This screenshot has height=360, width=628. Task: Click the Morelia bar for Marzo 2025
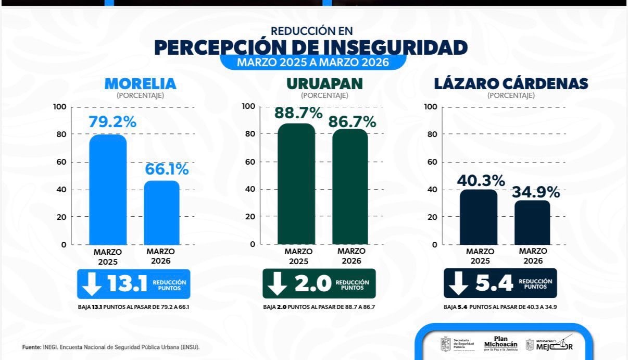point(108,190)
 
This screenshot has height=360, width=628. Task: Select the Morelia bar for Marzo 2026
point(161,213)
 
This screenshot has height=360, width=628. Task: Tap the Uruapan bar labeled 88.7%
point(296,184)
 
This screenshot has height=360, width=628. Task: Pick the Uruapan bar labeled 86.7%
point(350,187)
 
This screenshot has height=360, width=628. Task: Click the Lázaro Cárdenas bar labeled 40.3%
point(479,217)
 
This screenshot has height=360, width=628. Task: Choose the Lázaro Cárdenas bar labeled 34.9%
point(532,222)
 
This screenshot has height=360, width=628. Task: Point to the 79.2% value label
point(112,122)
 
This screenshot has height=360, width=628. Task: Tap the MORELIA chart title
point(141,84)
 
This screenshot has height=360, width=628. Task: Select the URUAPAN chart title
point(324,84)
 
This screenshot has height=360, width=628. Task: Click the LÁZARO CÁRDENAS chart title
point(511,84)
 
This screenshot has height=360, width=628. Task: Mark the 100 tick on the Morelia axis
point(60,107)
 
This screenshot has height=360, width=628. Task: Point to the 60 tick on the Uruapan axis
point(249,162)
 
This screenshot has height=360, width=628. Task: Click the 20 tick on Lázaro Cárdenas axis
point(432,217)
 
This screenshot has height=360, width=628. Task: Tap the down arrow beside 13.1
point(92,283)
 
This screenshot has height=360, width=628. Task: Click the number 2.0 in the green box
point(313,283)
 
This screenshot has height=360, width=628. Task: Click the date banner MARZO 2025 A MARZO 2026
point(313,63)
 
